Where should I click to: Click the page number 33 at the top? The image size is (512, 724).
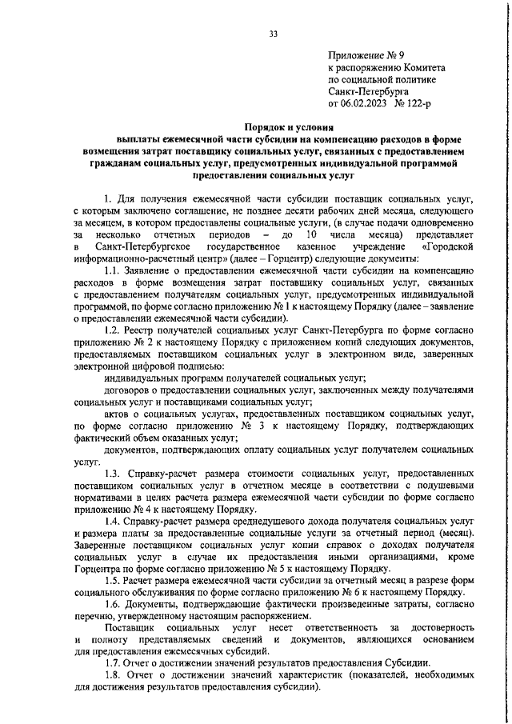pos(273,34)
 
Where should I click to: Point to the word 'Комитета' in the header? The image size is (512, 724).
pos(420,68)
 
